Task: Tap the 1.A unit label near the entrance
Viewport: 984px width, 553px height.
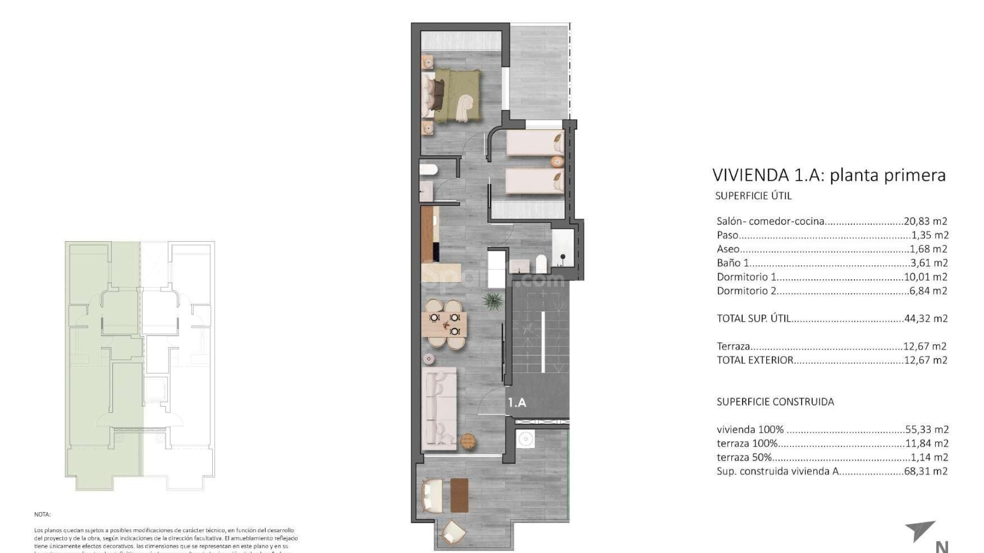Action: coord(517,403)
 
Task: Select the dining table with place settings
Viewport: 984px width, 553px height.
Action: coord(445,324)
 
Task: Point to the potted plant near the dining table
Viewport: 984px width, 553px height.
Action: coord(493,302)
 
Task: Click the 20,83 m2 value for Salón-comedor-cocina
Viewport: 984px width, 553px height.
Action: coord(926,222)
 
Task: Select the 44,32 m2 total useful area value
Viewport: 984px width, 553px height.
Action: coord(926,318)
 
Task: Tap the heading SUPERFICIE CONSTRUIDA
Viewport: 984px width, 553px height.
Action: coord(775,402)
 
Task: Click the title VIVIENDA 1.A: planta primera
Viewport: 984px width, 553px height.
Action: coord(829,175)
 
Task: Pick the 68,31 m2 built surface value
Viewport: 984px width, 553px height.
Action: coord(926,472)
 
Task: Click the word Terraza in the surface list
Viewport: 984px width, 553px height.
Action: coord(733,347)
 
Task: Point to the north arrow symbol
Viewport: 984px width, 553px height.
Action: coord(922,537)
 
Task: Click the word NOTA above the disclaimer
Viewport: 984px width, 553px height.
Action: coord(43,514)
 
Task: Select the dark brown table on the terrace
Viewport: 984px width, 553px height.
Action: coord(460,495)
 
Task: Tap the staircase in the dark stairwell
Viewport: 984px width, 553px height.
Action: coord(542,333)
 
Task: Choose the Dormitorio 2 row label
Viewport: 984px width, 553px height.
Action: coord(746,291)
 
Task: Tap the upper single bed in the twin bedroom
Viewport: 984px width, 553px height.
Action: coord(535,142)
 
